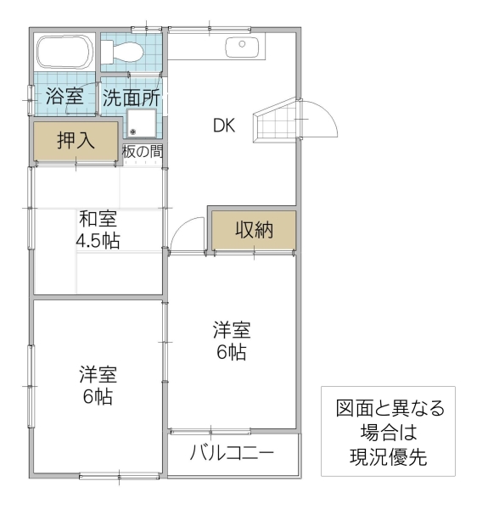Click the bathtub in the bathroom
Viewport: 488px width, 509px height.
[x=65, y=53]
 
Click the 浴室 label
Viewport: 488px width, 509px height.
[x=65, y=97]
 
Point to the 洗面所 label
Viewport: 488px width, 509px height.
[x=131, y=97]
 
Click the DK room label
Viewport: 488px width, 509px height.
[x=224, y=126]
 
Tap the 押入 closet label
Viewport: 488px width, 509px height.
[x=75, y=141]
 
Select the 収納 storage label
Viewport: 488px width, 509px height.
[x=254, y=230]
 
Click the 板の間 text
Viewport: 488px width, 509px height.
[x=142, y=152]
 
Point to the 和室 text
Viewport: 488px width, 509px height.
[x=98, y=219]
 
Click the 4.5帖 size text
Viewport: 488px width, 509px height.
[x=98, y=240]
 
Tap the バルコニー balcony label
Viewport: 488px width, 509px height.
[x=232, y=452]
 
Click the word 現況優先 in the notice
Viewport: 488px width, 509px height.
[x=388, y=456]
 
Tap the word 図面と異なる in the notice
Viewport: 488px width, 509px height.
[x=389, y=409]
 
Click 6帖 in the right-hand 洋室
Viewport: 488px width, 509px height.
[x=231, y=352]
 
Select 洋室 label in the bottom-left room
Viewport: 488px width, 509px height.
[x=98, y=374]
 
